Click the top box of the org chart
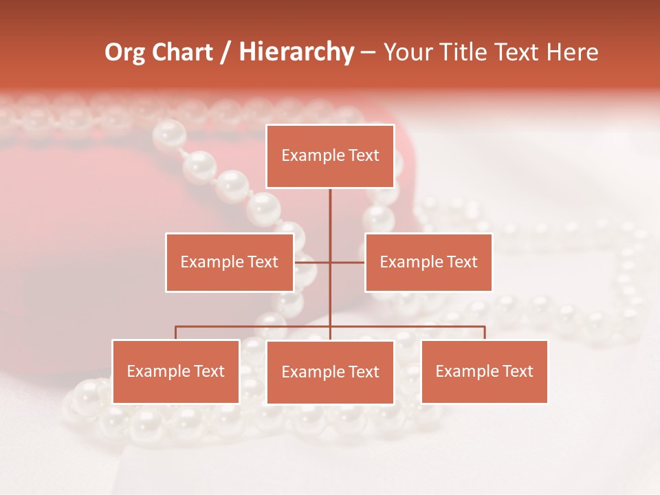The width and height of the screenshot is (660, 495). pos(330,156)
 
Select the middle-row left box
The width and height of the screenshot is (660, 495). pos(230,262)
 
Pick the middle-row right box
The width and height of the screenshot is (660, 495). pos(428,262)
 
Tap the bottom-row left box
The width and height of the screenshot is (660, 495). pos(176,371)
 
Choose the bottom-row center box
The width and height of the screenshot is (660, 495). pos(330,372)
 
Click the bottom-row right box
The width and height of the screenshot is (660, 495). pos(485,371)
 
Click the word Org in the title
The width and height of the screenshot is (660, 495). pos(124,52)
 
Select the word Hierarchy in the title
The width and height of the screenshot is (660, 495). pos(296,52)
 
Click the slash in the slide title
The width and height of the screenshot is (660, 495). pos(225,53)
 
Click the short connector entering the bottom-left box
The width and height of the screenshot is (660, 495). pos(176,333)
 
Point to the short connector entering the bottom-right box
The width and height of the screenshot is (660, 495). pos(485,333)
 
